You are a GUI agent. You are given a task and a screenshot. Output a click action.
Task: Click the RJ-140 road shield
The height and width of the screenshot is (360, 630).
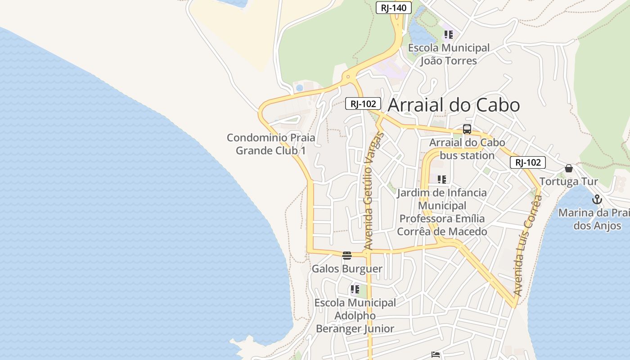coord(394,8)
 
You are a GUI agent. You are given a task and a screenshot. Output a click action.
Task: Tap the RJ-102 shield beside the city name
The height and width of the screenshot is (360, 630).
coord(363,103)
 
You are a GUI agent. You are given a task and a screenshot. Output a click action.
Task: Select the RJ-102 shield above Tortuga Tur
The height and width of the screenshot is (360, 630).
coord(527,162)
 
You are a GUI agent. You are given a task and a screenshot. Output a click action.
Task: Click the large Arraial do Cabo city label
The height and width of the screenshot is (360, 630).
coord(454,105)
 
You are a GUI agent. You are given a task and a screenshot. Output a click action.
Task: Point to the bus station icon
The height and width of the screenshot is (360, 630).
coord(467,129)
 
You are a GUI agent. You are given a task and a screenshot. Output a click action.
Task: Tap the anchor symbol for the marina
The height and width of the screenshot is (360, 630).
coord(597,199)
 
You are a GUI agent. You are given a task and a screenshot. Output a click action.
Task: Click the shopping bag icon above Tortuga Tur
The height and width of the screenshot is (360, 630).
coord(569,168)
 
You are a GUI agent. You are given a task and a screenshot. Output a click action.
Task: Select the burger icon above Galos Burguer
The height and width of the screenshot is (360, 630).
coord(347,256)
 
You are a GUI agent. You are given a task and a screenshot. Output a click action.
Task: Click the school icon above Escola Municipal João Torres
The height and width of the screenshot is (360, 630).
coord(448,35)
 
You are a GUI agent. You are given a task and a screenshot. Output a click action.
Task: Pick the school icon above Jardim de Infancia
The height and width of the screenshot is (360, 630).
coord(442,180)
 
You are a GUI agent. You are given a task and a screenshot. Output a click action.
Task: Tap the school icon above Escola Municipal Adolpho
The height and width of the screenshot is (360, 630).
coord(355,289)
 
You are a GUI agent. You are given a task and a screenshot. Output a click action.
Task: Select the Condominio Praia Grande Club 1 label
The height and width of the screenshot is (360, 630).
coord(271,144)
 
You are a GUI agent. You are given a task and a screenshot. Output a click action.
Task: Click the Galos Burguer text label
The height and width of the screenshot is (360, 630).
coord(347,269)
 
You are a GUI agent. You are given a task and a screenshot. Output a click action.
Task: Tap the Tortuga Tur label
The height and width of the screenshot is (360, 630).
coord(569,181)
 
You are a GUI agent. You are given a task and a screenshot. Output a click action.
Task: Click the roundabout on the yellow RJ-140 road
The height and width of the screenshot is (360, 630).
coord(348,77)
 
